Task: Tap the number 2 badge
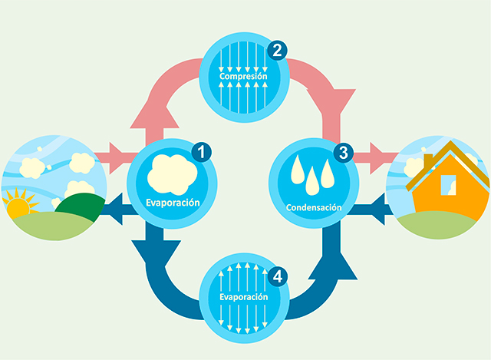coord(277,51)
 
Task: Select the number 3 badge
coord(342,152)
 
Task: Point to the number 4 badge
coord(277,274)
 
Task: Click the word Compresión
coord(243,77)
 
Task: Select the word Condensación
coord(313,207)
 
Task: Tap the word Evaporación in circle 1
coord(173,203)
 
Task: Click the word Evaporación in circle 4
coord(242,296)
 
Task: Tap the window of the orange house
coord(447,185)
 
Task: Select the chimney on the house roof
coord(427,160)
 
